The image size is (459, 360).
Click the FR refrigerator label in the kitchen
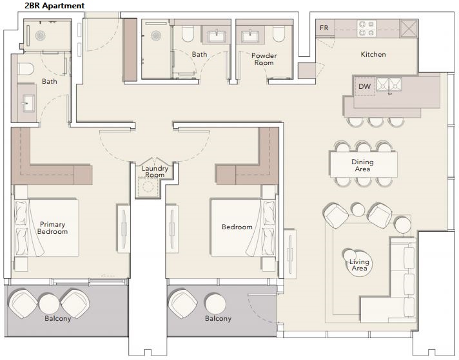pos(324,28)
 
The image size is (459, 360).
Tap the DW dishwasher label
pos(364,86)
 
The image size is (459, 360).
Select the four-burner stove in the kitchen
pos(367,28)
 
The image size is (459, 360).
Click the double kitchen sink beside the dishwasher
pos(389,85)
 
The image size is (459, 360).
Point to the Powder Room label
pos(264,59)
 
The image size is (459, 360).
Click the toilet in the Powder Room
pos(278,33)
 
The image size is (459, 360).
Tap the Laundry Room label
pos(155,172)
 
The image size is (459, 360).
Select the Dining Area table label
pos(362,166)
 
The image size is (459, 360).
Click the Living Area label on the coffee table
pos(359,265)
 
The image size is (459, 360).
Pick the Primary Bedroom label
pos(52,228)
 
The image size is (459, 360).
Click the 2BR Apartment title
pos(55,6)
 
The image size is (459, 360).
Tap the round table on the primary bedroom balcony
pos(49,304)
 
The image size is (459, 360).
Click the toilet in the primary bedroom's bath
pos(26,69)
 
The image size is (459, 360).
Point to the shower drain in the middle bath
pos(156,36)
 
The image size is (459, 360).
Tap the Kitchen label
pos(373,54)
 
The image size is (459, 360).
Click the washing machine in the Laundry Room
pos(147,186)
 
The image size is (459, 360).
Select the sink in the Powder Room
pos(250,36)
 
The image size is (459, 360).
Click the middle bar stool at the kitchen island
pos(376,121)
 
